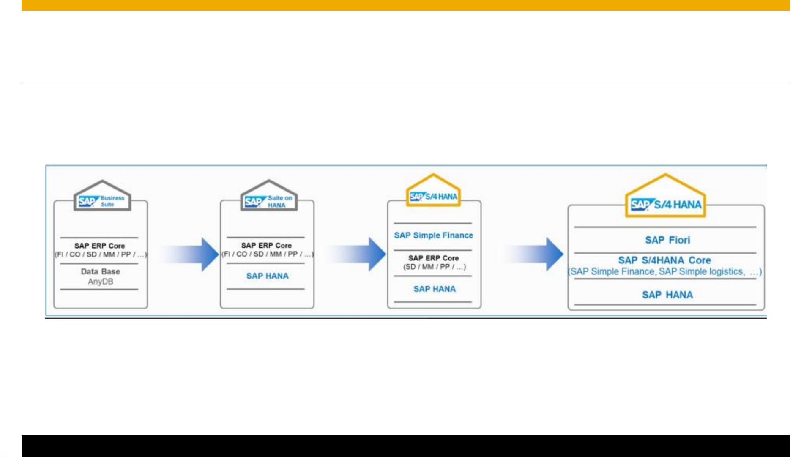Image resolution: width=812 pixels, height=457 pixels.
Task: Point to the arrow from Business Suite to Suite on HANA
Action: (189, 254)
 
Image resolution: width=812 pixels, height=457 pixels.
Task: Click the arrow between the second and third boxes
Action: (356, 254)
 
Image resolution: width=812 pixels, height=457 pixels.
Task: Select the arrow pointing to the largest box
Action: (533, 254)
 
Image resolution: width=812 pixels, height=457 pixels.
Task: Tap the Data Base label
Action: (101, 271)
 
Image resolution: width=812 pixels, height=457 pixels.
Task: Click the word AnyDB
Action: (101, 282)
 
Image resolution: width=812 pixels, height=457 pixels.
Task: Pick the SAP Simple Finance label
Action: (434, 235)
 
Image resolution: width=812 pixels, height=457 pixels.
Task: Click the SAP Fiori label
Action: (667, 240)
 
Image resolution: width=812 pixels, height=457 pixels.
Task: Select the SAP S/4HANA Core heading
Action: (664, 260)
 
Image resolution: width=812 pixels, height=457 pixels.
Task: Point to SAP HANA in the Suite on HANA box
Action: (268, 276)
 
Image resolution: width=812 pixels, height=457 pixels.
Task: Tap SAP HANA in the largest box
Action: (667, 295)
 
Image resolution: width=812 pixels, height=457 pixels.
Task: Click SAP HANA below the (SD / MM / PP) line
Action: (435, 289)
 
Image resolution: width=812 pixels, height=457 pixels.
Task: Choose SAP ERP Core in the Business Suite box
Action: (100, 246)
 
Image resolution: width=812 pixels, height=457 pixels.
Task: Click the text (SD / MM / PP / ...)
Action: (434, 267)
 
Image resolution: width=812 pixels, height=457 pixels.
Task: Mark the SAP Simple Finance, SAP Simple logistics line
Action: (664, 271)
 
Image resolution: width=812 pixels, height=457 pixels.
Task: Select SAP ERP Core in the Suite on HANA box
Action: (267, 245)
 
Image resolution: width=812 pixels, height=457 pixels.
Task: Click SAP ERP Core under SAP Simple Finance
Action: (434, 258)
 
